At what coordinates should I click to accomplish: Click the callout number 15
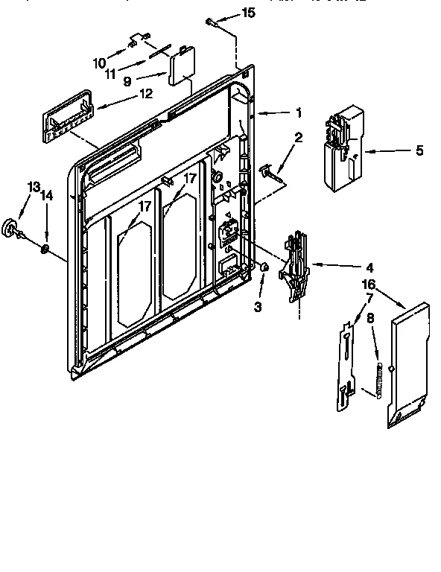pos(248,13)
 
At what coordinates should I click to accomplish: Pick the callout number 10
pos(99,63)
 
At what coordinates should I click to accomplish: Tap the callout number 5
pos(419,150)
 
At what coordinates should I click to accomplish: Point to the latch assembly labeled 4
pos(296,266)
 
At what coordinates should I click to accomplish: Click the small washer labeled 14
pos(45,248)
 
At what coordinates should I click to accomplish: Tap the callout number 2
pos(297,137)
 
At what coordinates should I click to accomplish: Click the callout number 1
pos(297,113)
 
